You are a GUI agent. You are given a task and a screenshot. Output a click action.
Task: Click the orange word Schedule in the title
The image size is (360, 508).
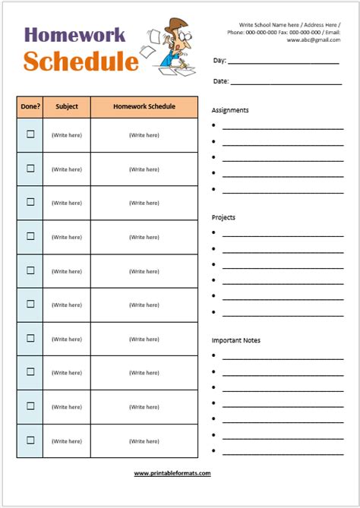coord(81,62)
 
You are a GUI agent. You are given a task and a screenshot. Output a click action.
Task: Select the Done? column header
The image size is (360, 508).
coord(30,107)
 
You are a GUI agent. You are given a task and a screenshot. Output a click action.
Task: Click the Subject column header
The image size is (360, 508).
coord(67,107)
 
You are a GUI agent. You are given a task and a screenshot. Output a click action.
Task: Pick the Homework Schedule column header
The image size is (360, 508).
coord(144,107)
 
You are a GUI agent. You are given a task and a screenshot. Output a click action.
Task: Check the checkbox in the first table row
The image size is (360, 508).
coord(30,134)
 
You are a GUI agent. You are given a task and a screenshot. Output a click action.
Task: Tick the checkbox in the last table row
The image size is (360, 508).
coord(30,440)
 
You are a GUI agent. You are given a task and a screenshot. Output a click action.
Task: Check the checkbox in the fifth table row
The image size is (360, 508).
coord(30,270)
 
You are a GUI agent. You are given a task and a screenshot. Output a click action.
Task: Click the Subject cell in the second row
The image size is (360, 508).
coord(67,169)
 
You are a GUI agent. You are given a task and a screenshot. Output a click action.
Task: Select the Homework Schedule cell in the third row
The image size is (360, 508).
coord(144,203)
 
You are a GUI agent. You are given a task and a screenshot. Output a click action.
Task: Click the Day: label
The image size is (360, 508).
coord(219,60)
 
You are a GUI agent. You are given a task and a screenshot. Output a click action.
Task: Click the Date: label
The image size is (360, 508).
coord(220,80)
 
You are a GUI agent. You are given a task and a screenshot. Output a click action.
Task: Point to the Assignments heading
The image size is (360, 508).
coord(230,110)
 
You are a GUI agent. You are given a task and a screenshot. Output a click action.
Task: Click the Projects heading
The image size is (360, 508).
coord(223,217)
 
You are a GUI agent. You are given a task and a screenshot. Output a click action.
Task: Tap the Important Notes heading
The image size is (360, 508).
coord(235,340)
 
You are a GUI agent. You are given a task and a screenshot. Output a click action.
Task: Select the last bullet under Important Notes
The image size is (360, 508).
coord(214,451)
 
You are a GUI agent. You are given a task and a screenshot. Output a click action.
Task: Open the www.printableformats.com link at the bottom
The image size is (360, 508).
coord(172,473)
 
